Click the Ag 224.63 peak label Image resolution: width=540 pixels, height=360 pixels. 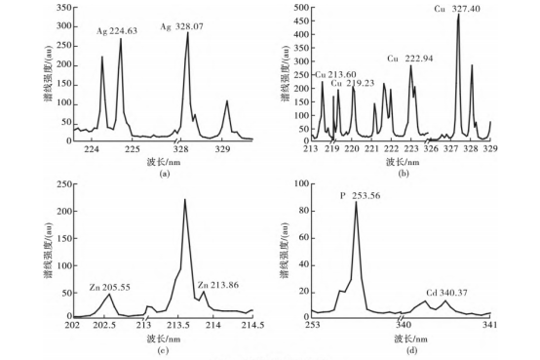(x=117, y=31)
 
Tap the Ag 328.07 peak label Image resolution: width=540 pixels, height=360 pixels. (x=182, y=26)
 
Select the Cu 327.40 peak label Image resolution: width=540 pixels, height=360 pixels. (x=457, y=9)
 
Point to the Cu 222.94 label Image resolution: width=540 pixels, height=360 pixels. (x=410, y=59)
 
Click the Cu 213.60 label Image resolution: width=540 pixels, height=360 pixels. (x=335, y=75)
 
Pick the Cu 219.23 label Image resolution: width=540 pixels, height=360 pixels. (x=353, y=84)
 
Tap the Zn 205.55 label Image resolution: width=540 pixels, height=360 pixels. (x=110, y=287)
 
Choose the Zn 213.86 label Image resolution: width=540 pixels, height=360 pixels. (x=218, y=285)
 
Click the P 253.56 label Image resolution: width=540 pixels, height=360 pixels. (x=361, y=196)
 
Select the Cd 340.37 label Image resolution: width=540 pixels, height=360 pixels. (x=446, y=293)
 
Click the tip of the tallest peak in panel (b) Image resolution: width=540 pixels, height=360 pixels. (x=458, y=14)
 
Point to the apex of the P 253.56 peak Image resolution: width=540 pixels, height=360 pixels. (x=356, y=202)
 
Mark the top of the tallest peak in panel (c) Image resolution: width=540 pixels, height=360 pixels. (x=185, y=199)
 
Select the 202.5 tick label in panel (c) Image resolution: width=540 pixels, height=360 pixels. (x=104, y=326)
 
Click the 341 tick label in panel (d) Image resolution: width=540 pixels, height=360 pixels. (x=490, y=325)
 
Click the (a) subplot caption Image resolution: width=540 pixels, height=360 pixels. (x=165, y=174)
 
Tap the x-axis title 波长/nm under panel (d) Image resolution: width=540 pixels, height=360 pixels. (x=411, y=339)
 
